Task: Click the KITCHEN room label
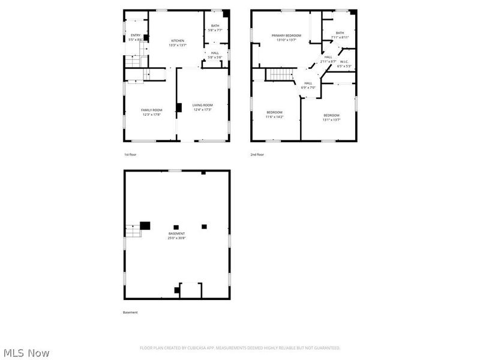tap(177, 41)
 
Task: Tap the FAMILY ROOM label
tap(152, 110)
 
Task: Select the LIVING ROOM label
tap(202, 105)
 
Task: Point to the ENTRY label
tap(136, 35)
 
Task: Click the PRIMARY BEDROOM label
tap(286, 35)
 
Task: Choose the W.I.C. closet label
tap(344, 61)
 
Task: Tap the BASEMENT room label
tap(176, 233)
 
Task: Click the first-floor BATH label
tap(215, 26)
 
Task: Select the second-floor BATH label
tap(340, 33)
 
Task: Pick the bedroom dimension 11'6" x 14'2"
tap(275, 117)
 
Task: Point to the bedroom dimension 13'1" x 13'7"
tap(331, 119)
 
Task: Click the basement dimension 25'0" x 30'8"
tap(176, 238)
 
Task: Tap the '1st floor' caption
tap(130, 155)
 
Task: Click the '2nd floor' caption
tap(257, 155)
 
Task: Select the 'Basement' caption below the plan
tap(130, 312)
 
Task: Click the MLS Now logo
tap(26, 353)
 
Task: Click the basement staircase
tap(133, 230)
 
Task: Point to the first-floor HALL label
tap(215, 53)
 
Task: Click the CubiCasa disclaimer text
tap(240, 348)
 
